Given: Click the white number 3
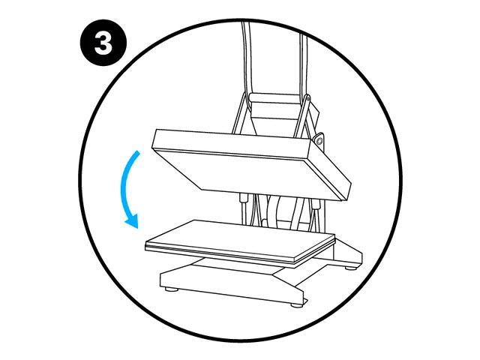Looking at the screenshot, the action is [103, 43].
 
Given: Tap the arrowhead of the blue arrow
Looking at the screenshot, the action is [133, 221].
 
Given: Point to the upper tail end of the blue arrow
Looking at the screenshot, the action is [138, 152].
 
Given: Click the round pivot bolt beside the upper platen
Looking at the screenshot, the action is [319, 140].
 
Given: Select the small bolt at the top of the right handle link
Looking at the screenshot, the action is [307, 97].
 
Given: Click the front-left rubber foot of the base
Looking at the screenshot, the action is [169, 289].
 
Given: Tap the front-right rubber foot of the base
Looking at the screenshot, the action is [296, 304].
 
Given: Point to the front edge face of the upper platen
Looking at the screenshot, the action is [232, 141].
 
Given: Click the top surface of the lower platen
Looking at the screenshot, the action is [238, 237].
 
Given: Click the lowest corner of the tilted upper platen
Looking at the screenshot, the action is [342, 201].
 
